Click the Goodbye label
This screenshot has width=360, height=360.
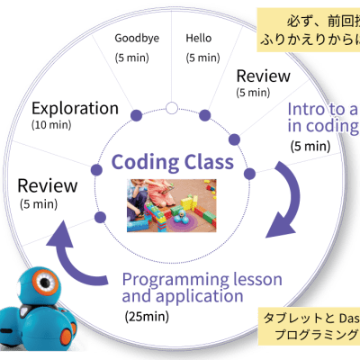coord(137,39)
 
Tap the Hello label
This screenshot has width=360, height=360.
coord(198,39)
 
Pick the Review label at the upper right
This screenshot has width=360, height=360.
coord(262,76)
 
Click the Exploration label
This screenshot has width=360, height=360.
coord(74,109)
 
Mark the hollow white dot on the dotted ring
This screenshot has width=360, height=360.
coord(171,109)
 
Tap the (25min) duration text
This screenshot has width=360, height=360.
coord(147,317)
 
